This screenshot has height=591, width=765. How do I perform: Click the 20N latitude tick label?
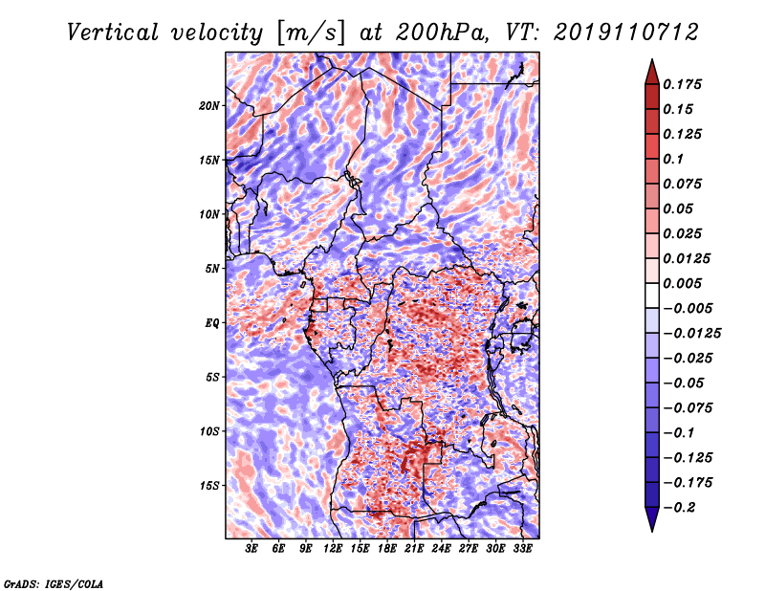(209, 106)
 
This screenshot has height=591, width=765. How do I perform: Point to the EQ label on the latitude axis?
(211, 323)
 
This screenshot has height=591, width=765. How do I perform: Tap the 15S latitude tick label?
(209, 486)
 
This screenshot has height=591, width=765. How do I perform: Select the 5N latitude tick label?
(212, 269)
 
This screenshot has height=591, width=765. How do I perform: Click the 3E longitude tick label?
(251, 549)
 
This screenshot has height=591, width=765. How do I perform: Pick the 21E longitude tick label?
(414, 549)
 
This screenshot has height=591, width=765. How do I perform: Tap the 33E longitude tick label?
(522, 549)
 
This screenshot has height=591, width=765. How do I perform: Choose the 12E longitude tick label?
(333, 549)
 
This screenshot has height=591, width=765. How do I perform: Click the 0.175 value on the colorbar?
(682, 84)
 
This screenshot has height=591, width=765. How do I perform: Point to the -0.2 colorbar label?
(679, 508)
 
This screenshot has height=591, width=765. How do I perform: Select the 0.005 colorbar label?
(682, 283)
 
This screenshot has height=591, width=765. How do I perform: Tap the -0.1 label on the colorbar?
(679, 433)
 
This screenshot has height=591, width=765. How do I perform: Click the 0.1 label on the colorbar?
(673, 159)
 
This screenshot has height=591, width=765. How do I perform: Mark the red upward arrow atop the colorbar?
(652, 72)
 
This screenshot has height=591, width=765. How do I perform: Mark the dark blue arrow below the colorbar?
(652, 519)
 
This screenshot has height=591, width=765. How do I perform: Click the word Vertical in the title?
(113, 33)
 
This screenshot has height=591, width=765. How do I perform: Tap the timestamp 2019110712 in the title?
(626, 33)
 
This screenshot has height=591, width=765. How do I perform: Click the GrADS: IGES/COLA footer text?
(54, 583)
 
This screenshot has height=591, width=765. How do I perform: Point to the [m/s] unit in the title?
(311, 33)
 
